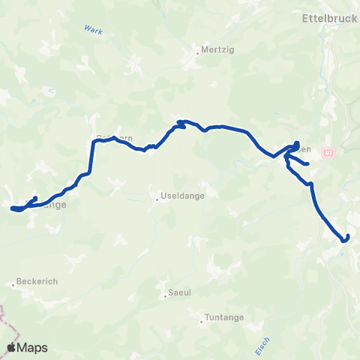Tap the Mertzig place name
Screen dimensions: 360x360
[x=211, y=52]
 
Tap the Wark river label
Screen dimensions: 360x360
[x=93, y=29]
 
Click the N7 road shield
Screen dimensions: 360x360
[x=328, y=153]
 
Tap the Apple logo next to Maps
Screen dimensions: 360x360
[x=13, y=347]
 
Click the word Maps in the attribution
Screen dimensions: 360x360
[x=33, y=347]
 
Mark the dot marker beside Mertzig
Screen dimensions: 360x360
[x=197, y=52]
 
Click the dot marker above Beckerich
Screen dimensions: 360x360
[x=14, y=284]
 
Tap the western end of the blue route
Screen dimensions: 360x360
[x=13, y=208]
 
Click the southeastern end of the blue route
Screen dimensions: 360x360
[x=347, y=238]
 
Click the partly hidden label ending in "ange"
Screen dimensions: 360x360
[x=56, y=204]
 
